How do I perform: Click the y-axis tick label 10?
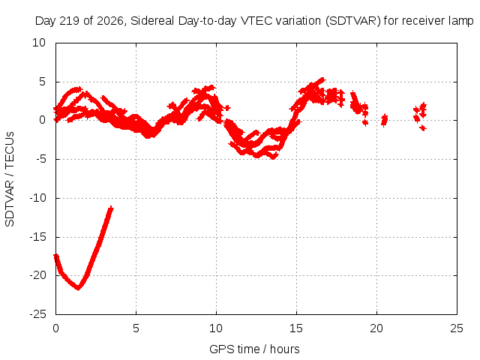[x=39, y=43]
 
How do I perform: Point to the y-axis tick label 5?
[x=42, y=82]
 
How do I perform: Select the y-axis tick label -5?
[x=39, y=159]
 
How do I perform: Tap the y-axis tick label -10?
[x=37, y=198]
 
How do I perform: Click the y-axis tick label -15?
[x=37, y=237]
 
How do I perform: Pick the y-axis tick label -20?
[x=37, y=275]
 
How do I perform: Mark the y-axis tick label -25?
[x=37, y=314]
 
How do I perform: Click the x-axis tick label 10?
[x=216, y=328]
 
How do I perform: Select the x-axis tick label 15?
[x=296, y=328]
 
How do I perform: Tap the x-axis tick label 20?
[x=376, y=328]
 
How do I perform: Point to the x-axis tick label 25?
[x=457, y=328]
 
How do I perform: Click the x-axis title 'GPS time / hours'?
[x=254, y=349]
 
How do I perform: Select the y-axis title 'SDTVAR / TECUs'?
[x=10, y=179]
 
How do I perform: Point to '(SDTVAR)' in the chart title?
[x=352, y=21]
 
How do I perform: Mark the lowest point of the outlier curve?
[x=78, y=288]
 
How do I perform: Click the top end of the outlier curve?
[x=111, y=208]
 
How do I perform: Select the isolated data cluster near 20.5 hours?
[x=384, y=120]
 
